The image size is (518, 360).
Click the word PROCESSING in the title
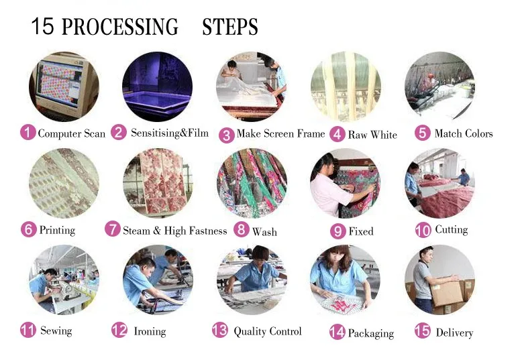pyautogui.click(x=120, y=27)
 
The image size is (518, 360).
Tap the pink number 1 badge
pyautogui.click(x=28, y=132)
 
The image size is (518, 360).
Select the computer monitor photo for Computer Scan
pyautogui.click(x=64, y=86)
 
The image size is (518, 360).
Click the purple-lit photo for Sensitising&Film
pyautogui.click(x=157, y=86)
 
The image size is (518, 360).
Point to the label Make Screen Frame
pyautogui.click(x=280, y=133)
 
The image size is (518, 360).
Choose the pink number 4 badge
pyautogui.click(x=338, y=134)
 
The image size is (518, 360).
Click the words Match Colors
pyautogui.click(x=464, y=133)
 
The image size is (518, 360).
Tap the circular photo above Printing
pyautogui.click(x=64, y=183)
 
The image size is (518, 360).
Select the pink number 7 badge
pyautogui.click(x=113, y=229)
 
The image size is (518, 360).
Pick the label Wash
pyautogui.click(x=264, y=232)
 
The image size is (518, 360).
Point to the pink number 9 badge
pyautogui.click(x=338, y=231)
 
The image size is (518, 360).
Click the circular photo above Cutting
pyautogui.click(x=439, y=183)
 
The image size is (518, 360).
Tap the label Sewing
pyautogui.click(x=56, y=331)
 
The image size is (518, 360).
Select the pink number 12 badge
pyautogui.click(x=119, y=330)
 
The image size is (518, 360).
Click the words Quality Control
pyautogui.click(x=268, y=331)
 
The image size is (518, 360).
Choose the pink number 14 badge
pyautogui.click(x=338, y=332)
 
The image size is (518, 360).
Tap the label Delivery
pyautogui.click(x=454, y=333)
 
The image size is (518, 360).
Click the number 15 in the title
pyautogui.click(x=42, y=26)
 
